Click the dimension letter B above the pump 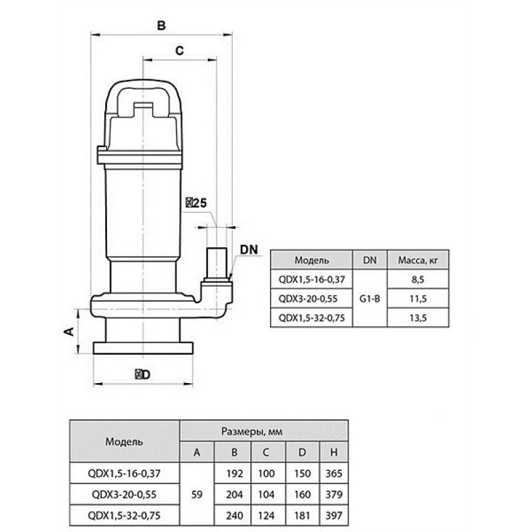162,25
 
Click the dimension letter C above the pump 180,51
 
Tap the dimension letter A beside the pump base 69,331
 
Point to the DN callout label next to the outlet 249,250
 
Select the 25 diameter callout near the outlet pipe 196,203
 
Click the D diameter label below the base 143,374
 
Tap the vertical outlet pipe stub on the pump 217,263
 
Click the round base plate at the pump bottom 143,348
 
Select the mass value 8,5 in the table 418,279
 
